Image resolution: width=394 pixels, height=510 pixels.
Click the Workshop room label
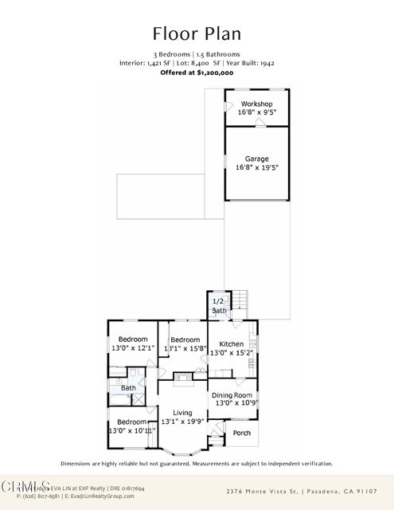point(257,104)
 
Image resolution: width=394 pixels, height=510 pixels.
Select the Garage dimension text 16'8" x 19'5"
point(257,168)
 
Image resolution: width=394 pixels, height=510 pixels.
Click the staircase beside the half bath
point(240,300)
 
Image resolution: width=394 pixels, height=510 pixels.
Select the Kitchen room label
point(232,344)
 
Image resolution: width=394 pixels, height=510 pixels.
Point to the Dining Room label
point(232,395)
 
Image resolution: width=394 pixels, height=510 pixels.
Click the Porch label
point(241,433)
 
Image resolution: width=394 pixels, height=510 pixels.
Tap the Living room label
point(183,413)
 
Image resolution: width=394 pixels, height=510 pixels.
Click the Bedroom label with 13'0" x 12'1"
point(128,339)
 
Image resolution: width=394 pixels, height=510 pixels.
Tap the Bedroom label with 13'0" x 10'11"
point(131,422)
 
